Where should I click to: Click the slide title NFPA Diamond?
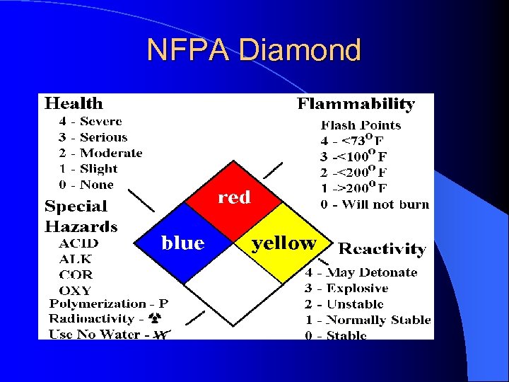click(254, 50)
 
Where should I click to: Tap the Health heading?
click(74, 104)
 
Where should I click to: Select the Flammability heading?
click(356, 104)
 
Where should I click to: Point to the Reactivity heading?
click(382, 249)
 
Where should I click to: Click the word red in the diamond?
click(234, 197)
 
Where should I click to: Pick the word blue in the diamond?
click(182, 243)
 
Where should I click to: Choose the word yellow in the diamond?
click(284, 243)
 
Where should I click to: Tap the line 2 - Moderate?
click(100, 153)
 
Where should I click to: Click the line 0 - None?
click(86, 185)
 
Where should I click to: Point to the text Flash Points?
click(361, 125)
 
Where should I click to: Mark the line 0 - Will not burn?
click(374, 204)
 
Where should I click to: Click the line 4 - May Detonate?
click(361, 272)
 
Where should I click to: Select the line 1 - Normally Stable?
click(368, 320)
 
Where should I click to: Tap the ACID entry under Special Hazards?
click(78, 243)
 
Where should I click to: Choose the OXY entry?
click(76, 290)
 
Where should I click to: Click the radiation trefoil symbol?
click(160, 319)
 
